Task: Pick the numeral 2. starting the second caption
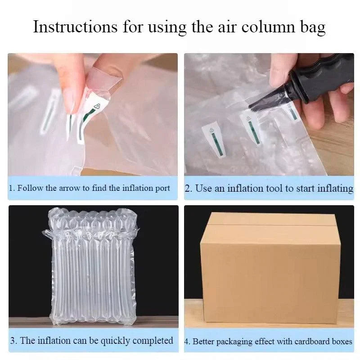[x=189, y=188]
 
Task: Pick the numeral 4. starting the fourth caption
[x=187, y=342]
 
